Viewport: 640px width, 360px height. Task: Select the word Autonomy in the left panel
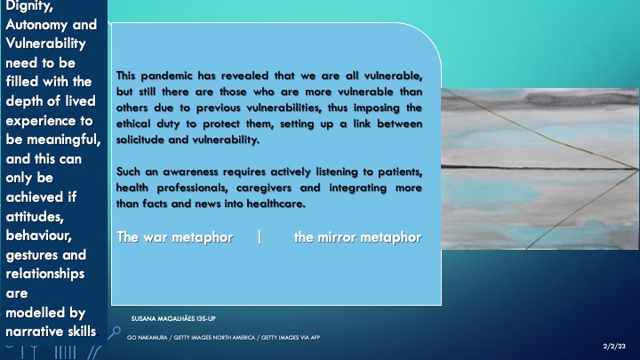point(37,25)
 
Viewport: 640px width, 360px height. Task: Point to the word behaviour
point(39,236)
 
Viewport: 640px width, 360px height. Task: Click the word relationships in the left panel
point(45,274)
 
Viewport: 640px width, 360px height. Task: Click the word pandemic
point(166,76)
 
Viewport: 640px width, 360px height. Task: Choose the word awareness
point(190,172)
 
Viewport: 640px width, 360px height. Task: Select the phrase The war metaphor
point(175,237)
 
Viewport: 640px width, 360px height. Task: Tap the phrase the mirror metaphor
point(357,237)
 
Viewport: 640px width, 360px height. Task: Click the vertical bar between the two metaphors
point(260,237)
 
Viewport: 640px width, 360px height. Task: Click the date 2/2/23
point(614,346)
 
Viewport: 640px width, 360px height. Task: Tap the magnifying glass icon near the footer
point(114,332)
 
